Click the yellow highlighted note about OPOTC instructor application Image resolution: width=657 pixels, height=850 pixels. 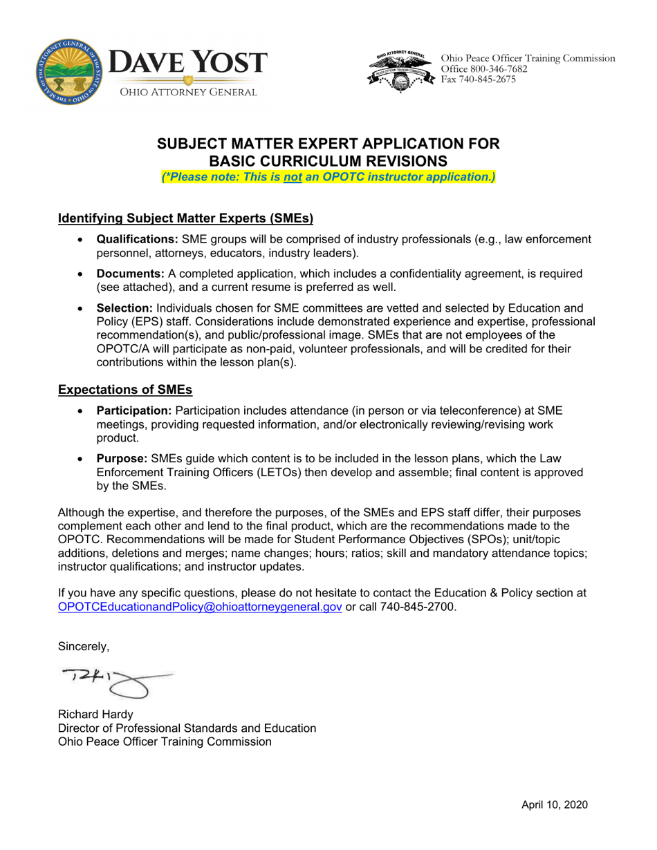click(x=328, y=177)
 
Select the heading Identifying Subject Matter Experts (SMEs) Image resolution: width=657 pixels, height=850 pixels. click(x=185, y=218)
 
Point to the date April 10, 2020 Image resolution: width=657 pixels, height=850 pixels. click(x=554, y=804)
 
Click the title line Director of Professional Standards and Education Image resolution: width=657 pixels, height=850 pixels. click(x=187, y=728)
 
